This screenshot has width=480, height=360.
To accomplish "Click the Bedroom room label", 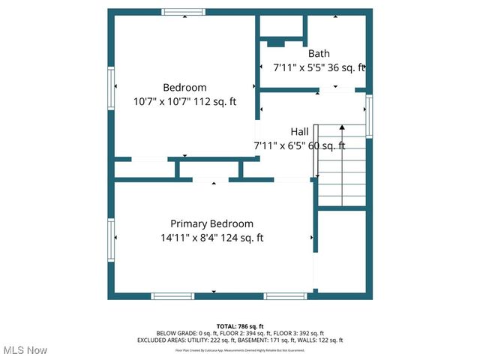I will (x=184, y=87).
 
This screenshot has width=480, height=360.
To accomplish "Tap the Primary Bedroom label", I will (x=211, y=223).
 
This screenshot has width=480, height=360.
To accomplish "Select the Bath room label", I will (x=319, y=53).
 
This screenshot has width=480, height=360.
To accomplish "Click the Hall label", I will (x=299, y=131).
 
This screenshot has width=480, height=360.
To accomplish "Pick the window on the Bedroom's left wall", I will (x=111, y=88).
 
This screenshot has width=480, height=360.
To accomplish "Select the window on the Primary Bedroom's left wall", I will (x=111, y=241).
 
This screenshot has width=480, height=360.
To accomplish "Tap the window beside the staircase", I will (x=369, y=115).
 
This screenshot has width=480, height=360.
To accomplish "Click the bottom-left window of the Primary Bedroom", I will (x=172, y=296).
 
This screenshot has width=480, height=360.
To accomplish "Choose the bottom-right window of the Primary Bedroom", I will (x=285, y=296).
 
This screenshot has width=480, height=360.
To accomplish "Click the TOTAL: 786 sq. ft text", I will (x=240, y=325).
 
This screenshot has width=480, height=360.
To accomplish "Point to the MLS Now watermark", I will (x=25, y=350).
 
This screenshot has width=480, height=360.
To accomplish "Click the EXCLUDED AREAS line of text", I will (x=240, y=340).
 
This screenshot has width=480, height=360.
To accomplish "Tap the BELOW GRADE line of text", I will (x=240, y=333).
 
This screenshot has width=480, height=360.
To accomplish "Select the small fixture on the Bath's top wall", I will (x=281, y=40).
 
